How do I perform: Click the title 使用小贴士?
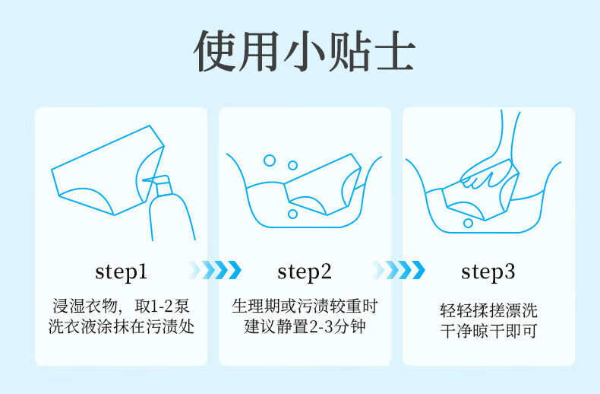305,51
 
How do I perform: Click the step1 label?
121,272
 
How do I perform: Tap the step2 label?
305,272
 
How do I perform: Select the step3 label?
488,272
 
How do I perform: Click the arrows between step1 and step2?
215,270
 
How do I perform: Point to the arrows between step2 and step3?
398,270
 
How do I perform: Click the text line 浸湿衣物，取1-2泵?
121,307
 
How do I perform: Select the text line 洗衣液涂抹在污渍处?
121,326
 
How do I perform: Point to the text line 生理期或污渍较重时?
305,307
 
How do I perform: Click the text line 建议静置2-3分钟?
305,326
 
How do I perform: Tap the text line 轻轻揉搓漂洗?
488,310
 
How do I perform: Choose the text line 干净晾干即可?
488,331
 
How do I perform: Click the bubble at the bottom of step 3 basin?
468,223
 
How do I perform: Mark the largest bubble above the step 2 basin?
270,160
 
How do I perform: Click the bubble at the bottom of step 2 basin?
292,214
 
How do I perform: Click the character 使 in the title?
215,51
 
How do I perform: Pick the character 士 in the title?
396,51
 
